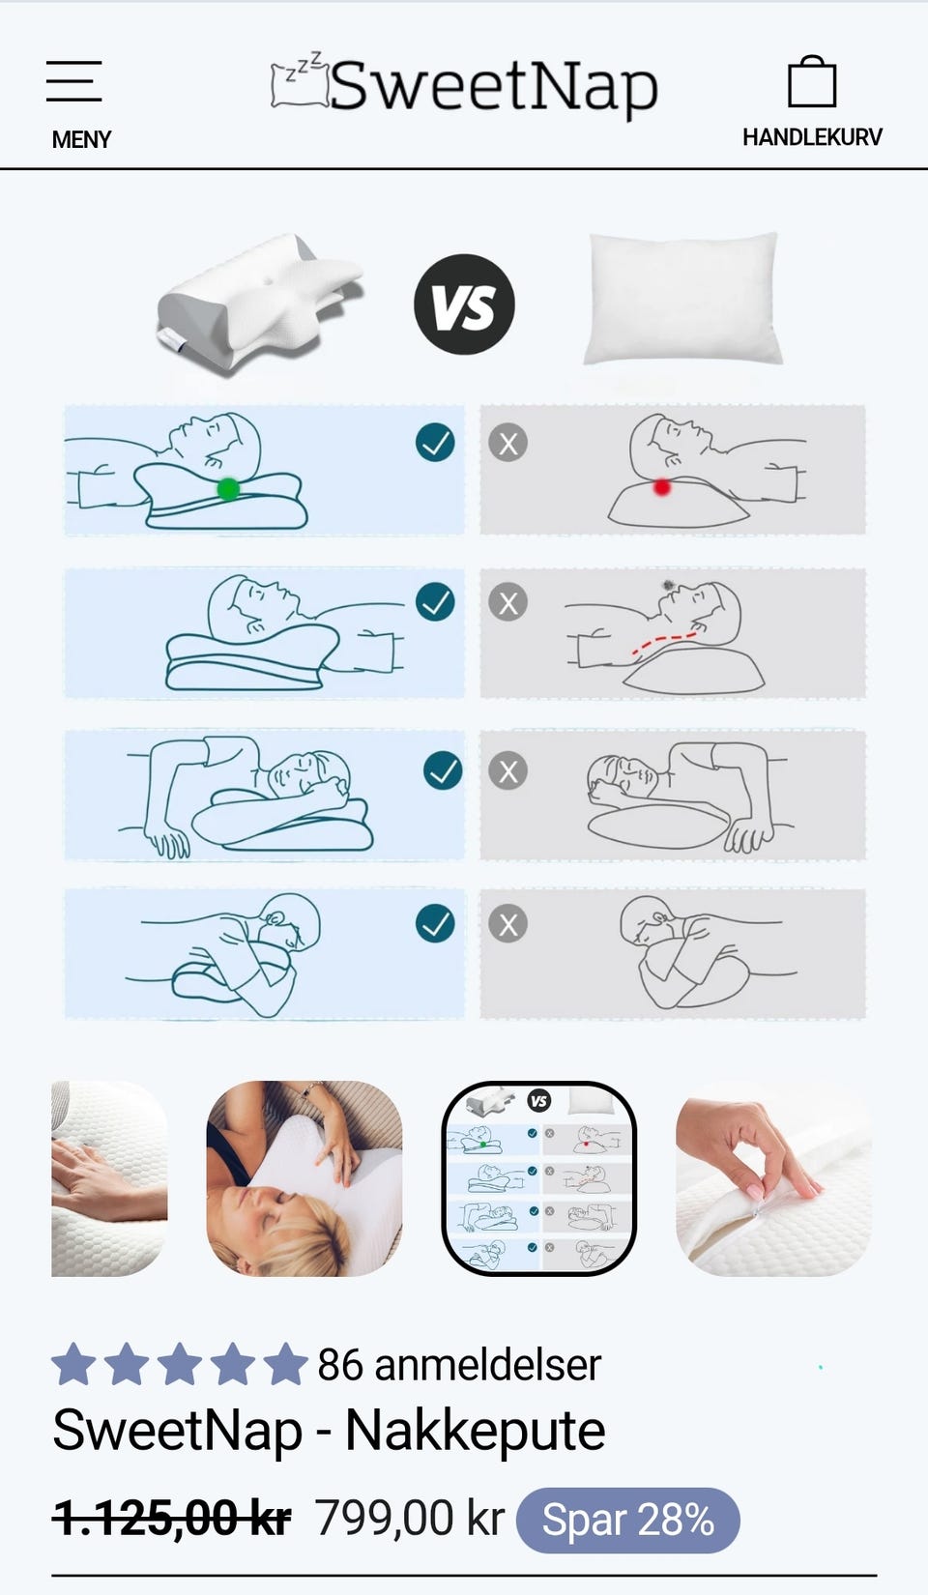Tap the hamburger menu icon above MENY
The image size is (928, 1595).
(74, 81)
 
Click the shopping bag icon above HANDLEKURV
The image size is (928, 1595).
(812, 81)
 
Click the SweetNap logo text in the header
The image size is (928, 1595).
(493, 87)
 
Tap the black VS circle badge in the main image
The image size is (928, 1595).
(464, 304)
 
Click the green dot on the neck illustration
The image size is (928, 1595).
(228, 489)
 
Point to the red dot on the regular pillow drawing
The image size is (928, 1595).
(661, 487)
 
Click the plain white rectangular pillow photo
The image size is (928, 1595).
(683, 299)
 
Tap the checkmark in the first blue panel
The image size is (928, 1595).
(435, 442)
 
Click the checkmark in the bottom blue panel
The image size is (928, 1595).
(435, 923)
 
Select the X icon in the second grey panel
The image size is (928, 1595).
(507, 602)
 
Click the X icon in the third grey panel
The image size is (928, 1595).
(507, 771)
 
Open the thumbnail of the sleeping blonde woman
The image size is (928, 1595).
(304, 1178)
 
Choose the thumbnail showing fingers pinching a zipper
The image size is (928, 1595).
(773, 1178)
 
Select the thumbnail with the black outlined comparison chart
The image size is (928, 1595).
(539, 1178)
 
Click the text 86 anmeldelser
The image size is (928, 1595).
(459, 1364)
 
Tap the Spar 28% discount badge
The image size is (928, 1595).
(628, 1520)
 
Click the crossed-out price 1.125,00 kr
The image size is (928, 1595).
(172, 1518)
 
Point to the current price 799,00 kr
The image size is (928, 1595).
(410, 1518)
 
